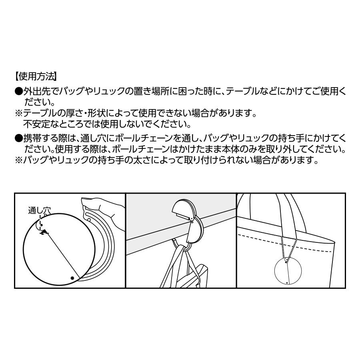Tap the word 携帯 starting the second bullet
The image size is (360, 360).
click(x=31, y=138)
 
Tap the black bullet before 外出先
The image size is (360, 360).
click(x=18, y=91)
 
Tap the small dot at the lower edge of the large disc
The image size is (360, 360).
click(x=72, y=278)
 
